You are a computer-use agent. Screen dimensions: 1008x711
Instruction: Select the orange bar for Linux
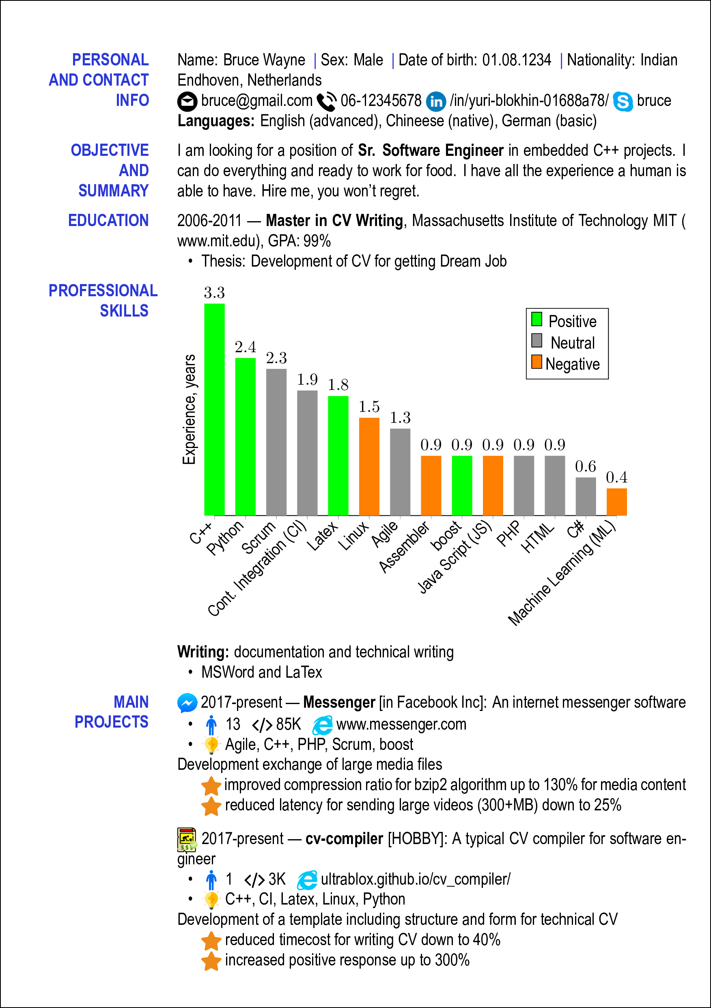tap(369, 466)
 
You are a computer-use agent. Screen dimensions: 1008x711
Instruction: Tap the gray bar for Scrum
tap(276, 442)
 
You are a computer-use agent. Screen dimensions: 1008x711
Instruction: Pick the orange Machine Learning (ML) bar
tap(616, 502)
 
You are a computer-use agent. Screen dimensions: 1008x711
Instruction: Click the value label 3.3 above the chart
tap(214, 293)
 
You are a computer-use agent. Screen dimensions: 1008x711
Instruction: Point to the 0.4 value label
tap(616, 477)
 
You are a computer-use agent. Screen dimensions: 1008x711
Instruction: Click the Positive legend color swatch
tap(536, 319)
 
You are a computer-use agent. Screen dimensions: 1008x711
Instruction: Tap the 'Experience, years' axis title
tap(189, 409)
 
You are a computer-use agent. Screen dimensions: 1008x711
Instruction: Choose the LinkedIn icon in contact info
tap(435, 101)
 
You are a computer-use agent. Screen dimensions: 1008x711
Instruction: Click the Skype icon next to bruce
tap(622, 101)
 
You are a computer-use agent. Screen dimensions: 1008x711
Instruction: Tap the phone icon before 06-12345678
tap(326, 101)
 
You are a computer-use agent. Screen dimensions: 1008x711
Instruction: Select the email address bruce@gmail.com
tap(256, 101)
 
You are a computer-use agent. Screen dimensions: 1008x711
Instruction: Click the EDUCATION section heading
tap(108, 220)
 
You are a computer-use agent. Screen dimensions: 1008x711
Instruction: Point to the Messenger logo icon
tap(187, 703)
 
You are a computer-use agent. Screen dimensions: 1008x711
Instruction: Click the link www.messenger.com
tap(401, 724)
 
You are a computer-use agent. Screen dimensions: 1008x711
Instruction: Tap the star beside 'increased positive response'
tap(211, 961)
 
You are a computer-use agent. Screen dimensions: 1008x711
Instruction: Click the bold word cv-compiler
tap(344, 839)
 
